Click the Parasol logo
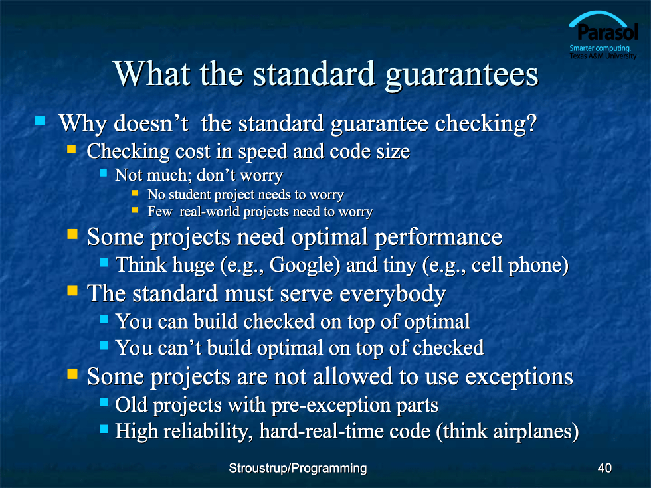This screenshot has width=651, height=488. (603, 36)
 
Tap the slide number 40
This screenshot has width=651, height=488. (604, 468)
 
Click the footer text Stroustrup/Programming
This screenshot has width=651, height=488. (298, 469)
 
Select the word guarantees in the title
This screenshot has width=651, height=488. (461, 75)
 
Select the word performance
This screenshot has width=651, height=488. (438, 238)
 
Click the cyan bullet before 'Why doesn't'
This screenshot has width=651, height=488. (40, 120)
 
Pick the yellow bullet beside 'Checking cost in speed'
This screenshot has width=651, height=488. (72, 149)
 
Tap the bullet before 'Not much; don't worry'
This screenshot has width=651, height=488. (104, 173)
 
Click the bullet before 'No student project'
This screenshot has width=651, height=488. (135, 193)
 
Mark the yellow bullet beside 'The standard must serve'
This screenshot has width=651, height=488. (72, 291)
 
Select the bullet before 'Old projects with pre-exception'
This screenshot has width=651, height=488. (104, 402)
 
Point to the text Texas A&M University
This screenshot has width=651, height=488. (603, 56)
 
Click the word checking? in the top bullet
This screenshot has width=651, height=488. (486, 124)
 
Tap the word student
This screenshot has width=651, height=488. (190, 194)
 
